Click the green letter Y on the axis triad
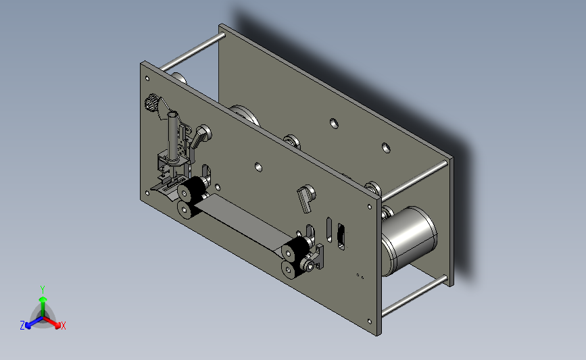click(x=42, y=290)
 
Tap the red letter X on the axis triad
click(x=63, y=326)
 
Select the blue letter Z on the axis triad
click(x=22, y=326)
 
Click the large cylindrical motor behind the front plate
click(x=409, y=240)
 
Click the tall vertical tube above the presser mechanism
click(x=172, y=136)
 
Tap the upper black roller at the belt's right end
click(x=294, y=250)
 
